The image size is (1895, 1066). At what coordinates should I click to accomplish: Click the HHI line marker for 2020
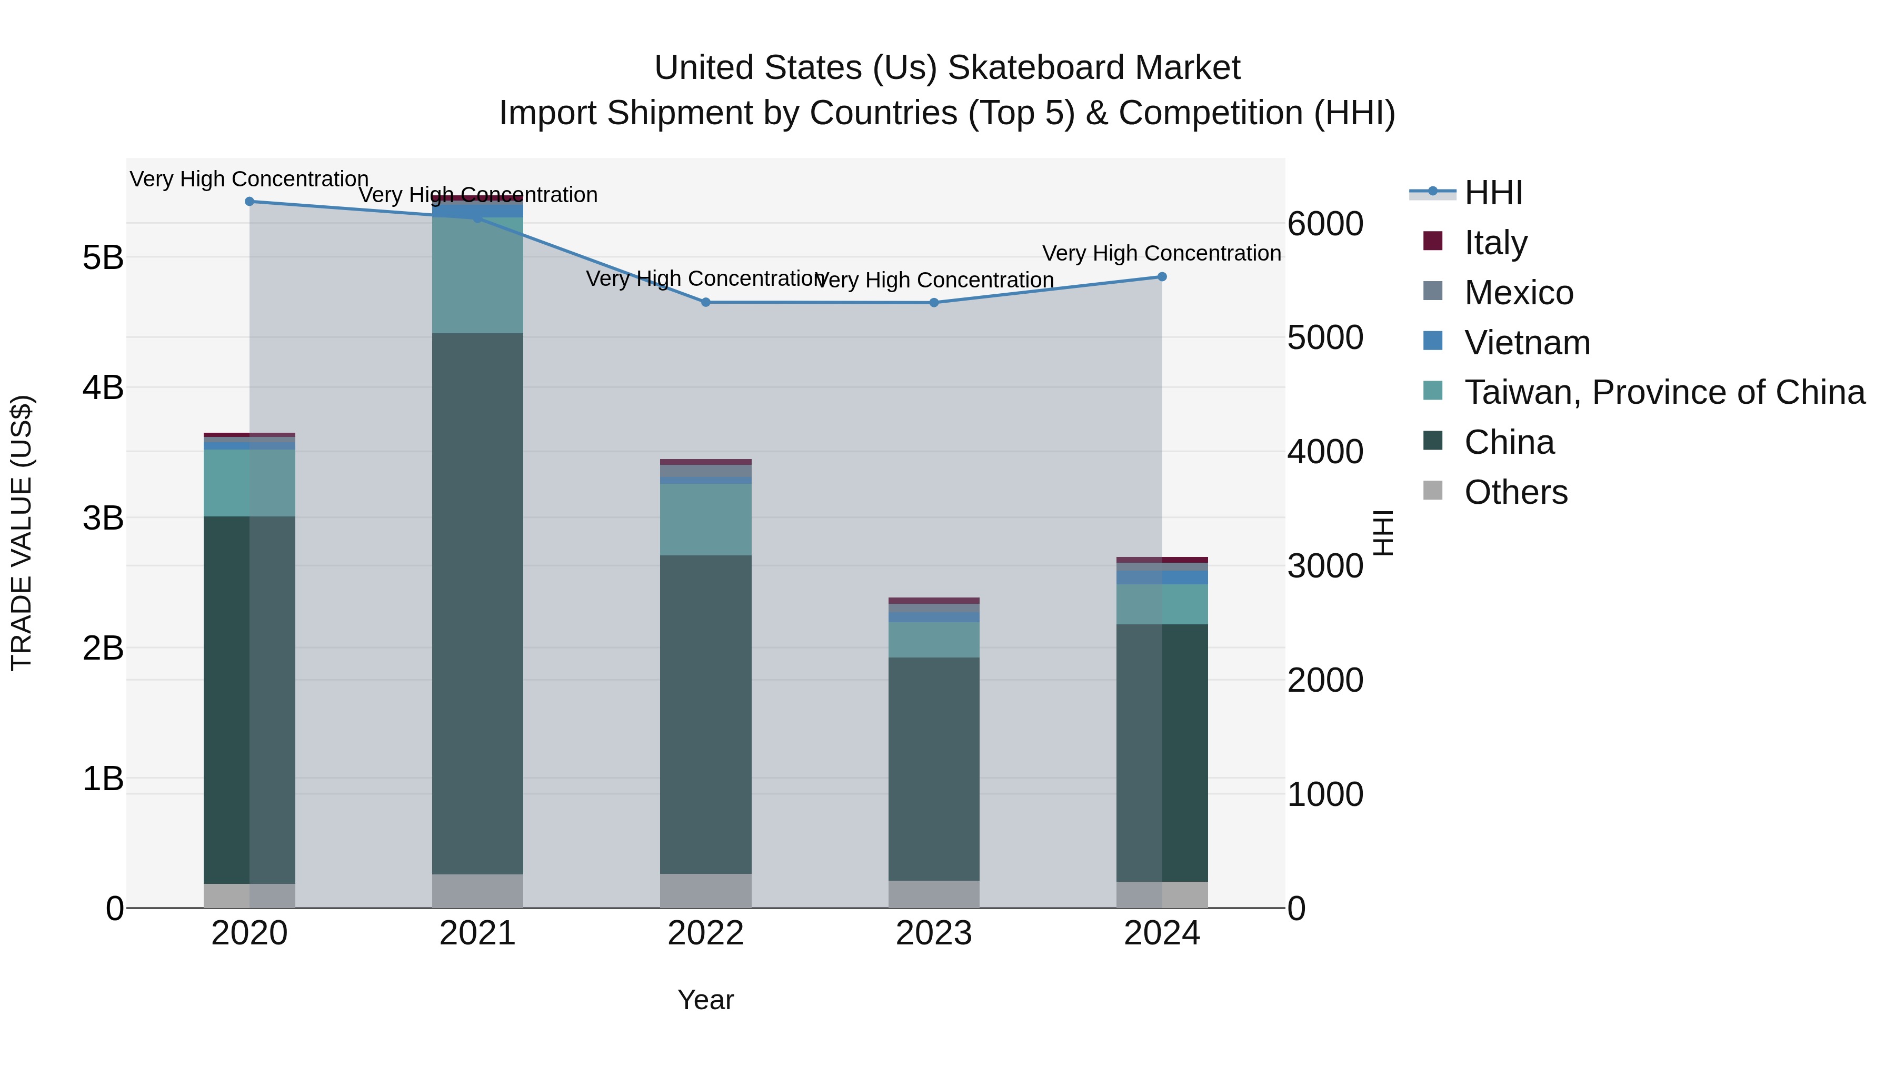[250, 202]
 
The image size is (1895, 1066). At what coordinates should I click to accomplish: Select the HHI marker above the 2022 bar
[705, 302]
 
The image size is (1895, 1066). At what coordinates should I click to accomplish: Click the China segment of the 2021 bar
[477, 603]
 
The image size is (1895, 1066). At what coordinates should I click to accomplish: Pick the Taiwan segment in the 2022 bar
[705, 520]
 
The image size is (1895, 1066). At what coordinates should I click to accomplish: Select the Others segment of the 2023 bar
[933, 894]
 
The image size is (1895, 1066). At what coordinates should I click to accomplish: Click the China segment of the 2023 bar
[933, 769]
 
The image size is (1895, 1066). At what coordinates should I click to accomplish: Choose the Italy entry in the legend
[1495, 243]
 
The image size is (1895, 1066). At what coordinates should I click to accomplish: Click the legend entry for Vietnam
[1527, 343]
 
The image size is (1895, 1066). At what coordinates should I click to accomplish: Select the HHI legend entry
[1493, 193]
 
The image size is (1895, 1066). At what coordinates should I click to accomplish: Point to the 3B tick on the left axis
[103, 518]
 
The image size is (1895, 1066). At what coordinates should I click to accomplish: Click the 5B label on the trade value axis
[103, 257]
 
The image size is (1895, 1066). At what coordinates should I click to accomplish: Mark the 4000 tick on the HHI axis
[1325, 452]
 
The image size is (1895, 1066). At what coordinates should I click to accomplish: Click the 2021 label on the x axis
[477, 933]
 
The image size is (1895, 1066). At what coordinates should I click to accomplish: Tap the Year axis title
[705, 1000]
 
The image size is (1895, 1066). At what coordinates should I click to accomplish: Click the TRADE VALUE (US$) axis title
[22, 533]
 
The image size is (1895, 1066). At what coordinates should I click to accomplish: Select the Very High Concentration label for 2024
[1162, 253]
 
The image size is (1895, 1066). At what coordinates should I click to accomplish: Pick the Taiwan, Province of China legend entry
[1664, 392]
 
